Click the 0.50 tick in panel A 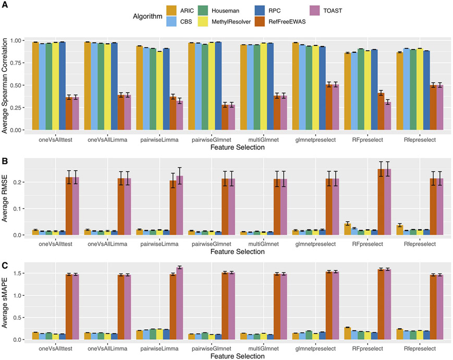click(19, 85)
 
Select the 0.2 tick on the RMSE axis click(22, 182)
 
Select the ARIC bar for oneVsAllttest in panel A click(35, 86)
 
